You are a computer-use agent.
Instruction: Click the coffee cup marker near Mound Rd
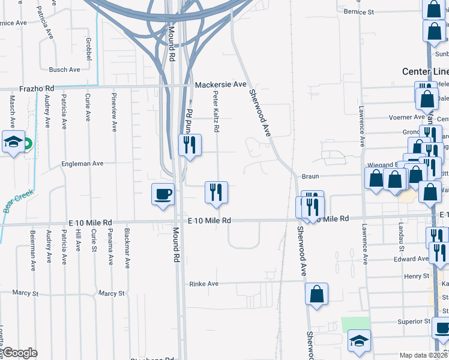point(163,194)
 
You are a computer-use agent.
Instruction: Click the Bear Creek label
point(17,200)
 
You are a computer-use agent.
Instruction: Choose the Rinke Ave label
point(204,284)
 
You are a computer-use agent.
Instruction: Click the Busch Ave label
point(64,70)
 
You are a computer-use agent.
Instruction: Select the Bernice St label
point(360,11)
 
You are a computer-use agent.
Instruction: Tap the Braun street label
point(310,177)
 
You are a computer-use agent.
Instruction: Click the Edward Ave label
point(411,259)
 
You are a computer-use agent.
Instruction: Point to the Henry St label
point(418,276)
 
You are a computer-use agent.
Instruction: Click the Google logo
point(20,352)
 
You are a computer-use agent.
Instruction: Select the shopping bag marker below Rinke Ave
point(316,294)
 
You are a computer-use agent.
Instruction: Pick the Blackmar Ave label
point(127,246)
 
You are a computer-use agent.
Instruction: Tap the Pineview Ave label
point(114,112)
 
